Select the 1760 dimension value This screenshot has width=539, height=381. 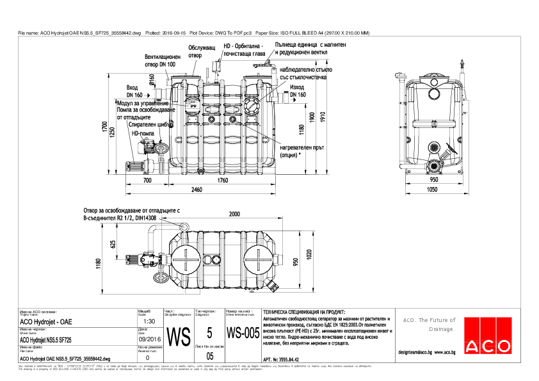click(222, 181)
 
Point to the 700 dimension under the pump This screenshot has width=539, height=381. click(148, 181)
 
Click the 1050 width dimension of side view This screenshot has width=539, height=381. click(433, 190)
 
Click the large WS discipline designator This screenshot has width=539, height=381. click(179, 336)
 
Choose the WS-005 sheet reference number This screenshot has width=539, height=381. click(243, 334)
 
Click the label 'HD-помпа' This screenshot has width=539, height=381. click(142, 133)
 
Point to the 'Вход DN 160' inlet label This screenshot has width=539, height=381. click(133, 91)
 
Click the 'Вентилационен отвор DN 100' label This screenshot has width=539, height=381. click(164, 60)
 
